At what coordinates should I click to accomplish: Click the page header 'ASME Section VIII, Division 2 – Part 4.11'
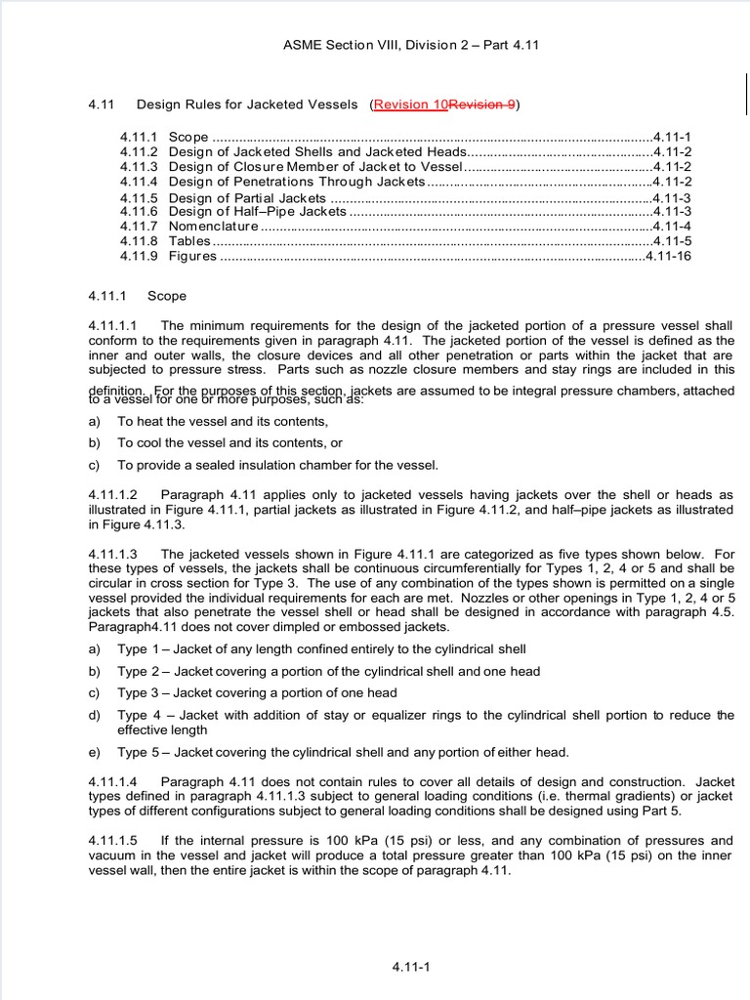[410, 45]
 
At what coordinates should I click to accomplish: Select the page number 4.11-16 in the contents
[669, 256]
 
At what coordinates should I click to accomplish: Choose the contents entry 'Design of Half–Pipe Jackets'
[258, 211]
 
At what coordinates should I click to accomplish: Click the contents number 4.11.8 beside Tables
[139, 241]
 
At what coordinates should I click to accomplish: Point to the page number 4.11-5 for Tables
[673, 241]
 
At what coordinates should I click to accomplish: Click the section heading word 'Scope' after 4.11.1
[166, 296]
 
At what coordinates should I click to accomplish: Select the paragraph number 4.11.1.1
[112, 325]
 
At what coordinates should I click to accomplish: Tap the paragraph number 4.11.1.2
[112, 495]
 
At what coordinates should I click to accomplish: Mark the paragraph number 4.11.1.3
[112, 554]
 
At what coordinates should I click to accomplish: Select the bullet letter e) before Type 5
[95, 752]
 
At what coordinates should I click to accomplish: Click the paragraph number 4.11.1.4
[112, 781]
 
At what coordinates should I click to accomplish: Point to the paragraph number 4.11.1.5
[112, 840]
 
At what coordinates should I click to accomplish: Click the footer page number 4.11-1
[411, 967]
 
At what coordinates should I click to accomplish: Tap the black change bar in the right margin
[746, 95]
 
